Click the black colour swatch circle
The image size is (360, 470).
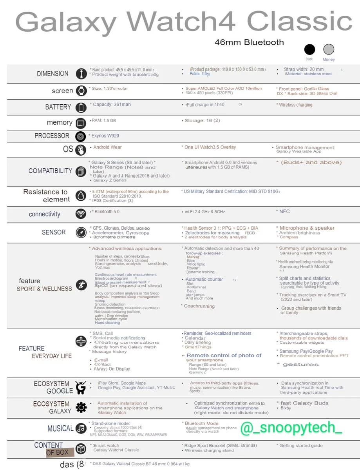(309, 50)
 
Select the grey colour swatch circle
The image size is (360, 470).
(329, 49)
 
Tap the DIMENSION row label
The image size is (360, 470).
(52, 73)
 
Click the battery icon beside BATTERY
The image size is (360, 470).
(81, 107)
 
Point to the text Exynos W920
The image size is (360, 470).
(105, 136)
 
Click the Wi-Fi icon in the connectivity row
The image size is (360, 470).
(81, 214)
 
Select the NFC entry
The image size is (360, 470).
(284, 211)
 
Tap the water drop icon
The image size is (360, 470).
(81, 196)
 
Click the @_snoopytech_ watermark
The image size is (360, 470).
(291, 428)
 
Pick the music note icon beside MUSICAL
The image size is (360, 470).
(81, 428)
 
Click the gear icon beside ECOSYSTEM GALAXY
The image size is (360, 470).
(81, 408)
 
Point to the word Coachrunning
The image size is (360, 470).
(199, 306)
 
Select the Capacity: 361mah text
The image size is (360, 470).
(112, 105)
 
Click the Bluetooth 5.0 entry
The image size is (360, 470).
(106, 212)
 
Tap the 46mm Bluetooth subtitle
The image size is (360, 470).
(249, 42)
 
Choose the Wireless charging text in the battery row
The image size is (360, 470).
(295, 105)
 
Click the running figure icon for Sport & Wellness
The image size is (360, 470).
(81, 285)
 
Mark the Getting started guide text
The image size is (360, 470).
(301, 445)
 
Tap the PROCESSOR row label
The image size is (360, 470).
(52, 136)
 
